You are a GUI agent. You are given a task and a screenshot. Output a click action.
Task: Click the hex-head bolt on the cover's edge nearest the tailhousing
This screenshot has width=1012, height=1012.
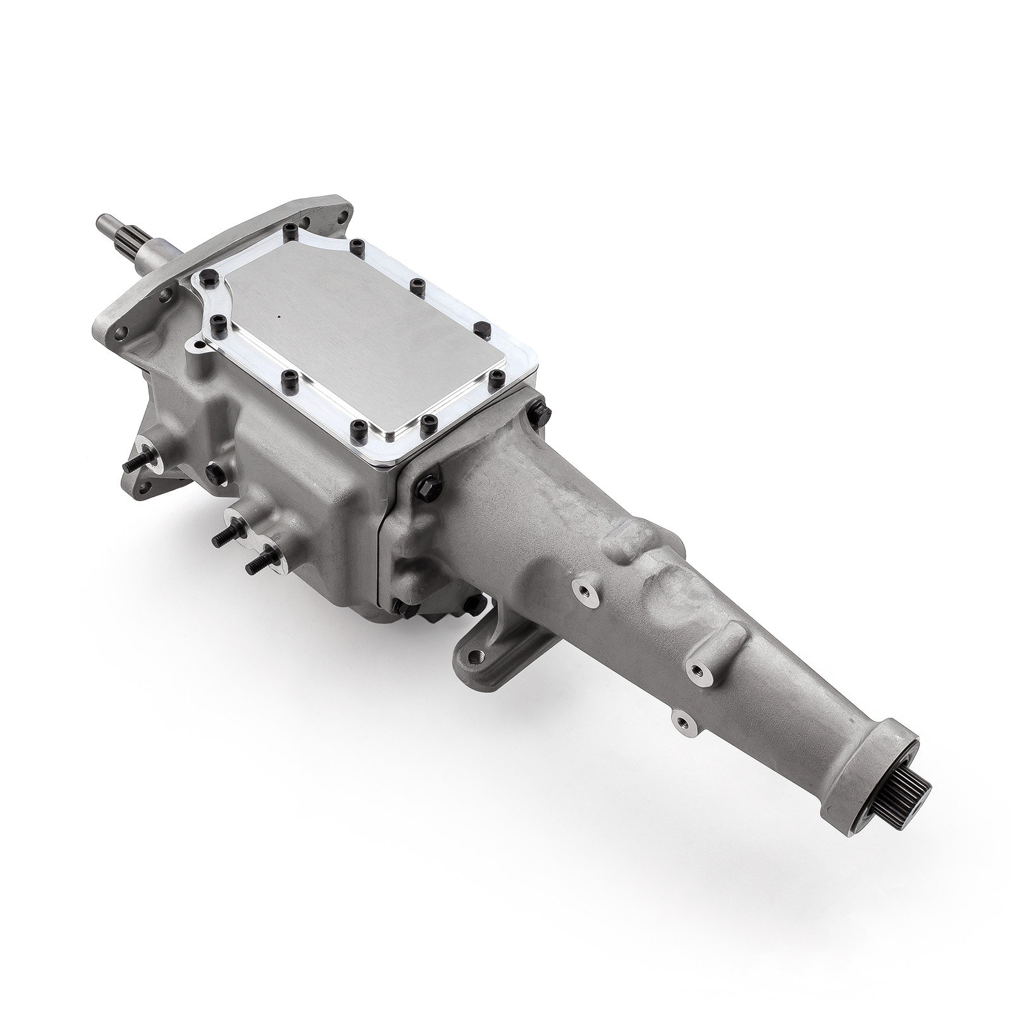[479, 327]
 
